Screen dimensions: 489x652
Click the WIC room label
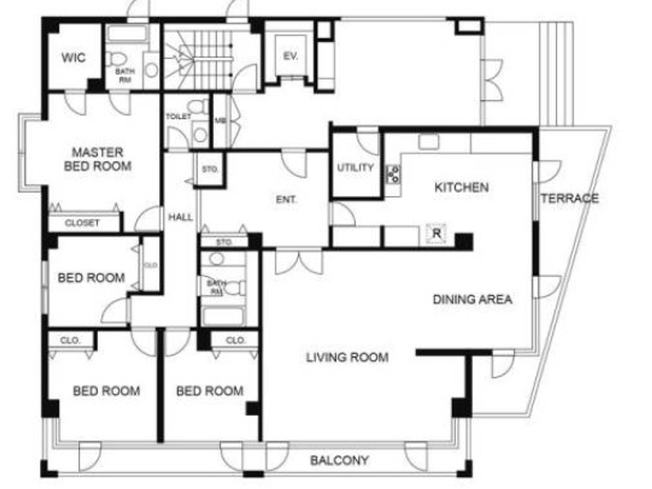tap(74, 58)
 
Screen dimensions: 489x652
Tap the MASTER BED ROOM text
tap(97, 159)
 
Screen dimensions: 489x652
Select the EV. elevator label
tap(291, 56)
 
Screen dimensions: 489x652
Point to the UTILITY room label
tap(355, 168)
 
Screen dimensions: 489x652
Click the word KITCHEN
tap(462, 187)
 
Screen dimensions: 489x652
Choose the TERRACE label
tap(569, 198)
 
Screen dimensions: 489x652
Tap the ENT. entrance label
tap(286, 200)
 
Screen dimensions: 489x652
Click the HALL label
tap(180, 217)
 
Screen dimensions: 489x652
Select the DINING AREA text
tap(472, 299)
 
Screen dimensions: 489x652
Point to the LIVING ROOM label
tap(347, 357)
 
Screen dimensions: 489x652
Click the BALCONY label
tap(340, 461)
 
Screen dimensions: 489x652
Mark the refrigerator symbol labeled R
tap(436, 233)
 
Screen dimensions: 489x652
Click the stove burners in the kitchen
tap(394, 174)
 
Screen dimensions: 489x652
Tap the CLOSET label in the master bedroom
tap(82, 223)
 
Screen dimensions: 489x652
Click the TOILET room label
tap(178, 116)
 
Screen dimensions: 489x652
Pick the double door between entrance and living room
tap(299, 262)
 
